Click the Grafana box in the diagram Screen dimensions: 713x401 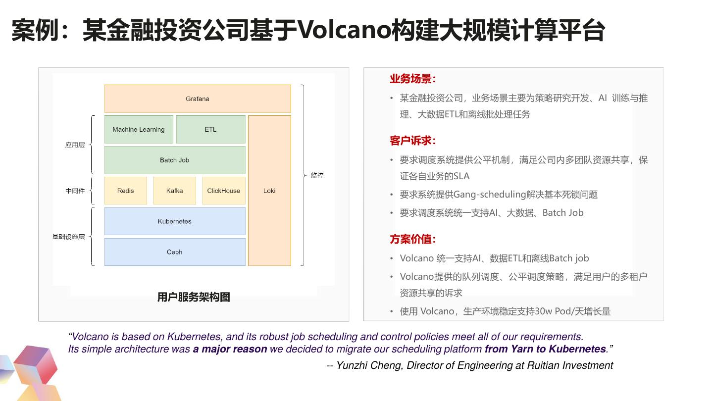click(198, 99)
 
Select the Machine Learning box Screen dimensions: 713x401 click(139, 129)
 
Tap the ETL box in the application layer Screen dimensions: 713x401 click(210, 129)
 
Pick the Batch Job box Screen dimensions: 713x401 click(174, 160)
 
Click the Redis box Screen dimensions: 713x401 click(125, 191)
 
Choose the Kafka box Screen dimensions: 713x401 click(174, 191)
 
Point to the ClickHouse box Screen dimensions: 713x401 click(223, 191)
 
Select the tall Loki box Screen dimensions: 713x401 click(269, 191)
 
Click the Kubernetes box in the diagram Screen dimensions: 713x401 click(174, 221)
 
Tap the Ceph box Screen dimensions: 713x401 click(174, 252)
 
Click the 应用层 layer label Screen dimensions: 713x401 click(75, 145)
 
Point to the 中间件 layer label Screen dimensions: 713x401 click(75, 191)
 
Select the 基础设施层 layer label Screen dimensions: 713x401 click(69, 237)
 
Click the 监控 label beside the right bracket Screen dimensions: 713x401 click(317, 175)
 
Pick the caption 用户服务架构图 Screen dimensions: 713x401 click(194, 297)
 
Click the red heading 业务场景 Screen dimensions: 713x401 click(412, 79)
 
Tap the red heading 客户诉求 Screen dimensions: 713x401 click(412, 141)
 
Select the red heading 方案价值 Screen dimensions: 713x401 click(412, 240)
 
